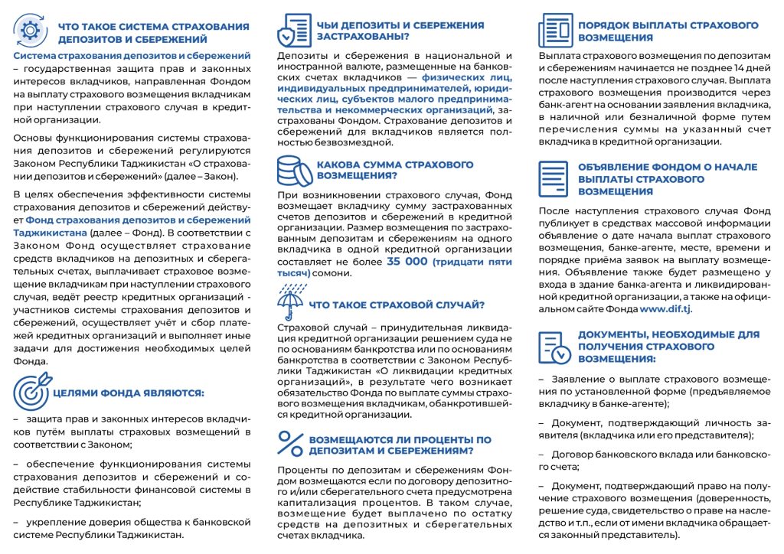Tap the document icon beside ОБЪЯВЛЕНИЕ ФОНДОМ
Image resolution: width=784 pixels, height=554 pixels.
[554, 178]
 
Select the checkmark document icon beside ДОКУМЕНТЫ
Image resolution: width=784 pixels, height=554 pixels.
[555, 346]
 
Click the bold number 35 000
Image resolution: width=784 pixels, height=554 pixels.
[407, 262]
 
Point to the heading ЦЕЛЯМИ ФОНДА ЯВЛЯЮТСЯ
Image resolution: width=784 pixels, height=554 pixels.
[128, 393]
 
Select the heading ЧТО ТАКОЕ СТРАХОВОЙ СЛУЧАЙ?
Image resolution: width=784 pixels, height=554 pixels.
[397, 305]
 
